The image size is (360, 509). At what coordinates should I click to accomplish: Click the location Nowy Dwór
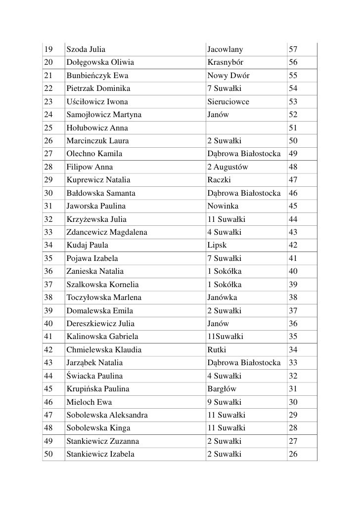coord(228,76)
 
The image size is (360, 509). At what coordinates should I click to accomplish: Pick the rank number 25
coord(48,128)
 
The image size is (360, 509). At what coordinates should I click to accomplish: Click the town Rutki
coord(217,350)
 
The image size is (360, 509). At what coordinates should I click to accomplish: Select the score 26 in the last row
coord(293,453)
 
